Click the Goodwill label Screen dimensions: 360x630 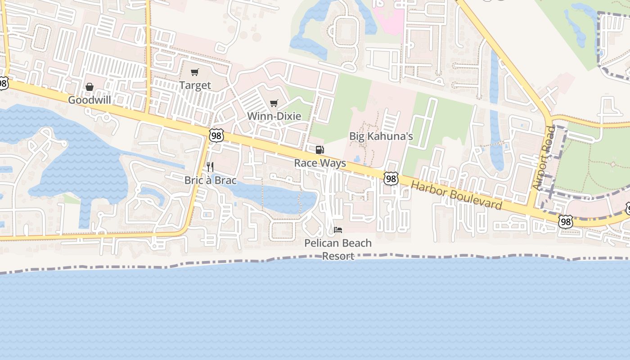click(89, 100)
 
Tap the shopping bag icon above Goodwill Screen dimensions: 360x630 click(90, 87)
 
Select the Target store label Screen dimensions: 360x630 click(195, 85)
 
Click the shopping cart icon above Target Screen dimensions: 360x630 click(195, 72)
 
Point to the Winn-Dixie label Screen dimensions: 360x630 click(274, 116)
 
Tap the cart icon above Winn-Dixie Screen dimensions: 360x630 click(274, 103)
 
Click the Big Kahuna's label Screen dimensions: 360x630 click(381, 136)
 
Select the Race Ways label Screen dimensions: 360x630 click(320, 163)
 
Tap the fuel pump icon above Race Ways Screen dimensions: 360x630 click(319, 150)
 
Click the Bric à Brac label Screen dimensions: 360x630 click(210, 180)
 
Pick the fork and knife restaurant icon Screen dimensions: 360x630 click(210, 167)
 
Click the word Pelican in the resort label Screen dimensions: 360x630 click(321, 243)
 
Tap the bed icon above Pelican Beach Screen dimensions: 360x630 click(338, 230)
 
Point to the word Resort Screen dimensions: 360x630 click(338, 256)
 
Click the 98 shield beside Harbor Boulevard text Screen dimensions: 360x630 click(391, 179)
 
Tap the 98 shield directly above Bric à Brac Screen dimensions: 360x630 click(216, 135)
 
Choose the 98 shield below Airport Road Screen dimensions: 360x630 click(566, 221)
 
